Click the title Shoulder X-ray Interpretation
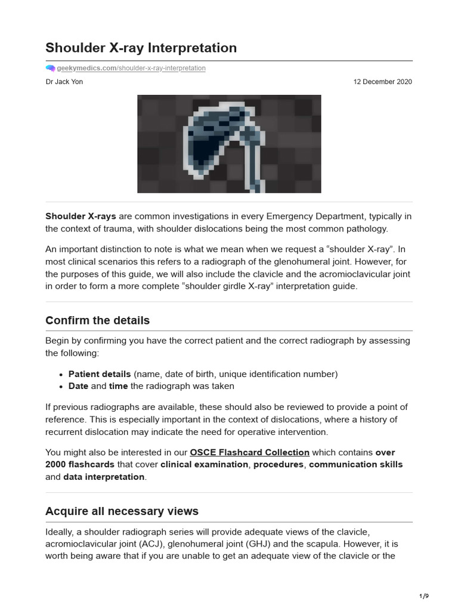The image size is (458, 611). tap(141, 48)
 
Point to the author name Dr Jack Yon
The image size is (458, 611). tap(64, 82)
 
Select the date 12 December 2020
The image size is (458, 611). tap(382, 82)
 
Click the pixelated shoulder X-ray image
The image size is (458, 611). tap(229, 144)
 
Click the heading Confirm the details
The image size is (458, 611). tap(97, 320)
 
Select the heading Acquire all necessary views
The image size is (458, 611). tap(122, 511)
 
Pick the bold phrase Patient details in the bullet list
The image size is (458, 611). tap(100, 374)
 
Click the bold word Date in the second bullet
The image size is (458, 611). tap(78, 386)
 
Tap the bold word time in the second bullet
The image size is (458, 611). tap(118, 386)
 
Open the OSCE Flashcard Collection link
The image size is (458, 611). tap(249, 452)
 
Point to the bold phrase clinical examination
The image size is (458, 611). tap(204, 464)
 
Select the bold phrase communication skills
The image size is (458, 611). tap(355, 464)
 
